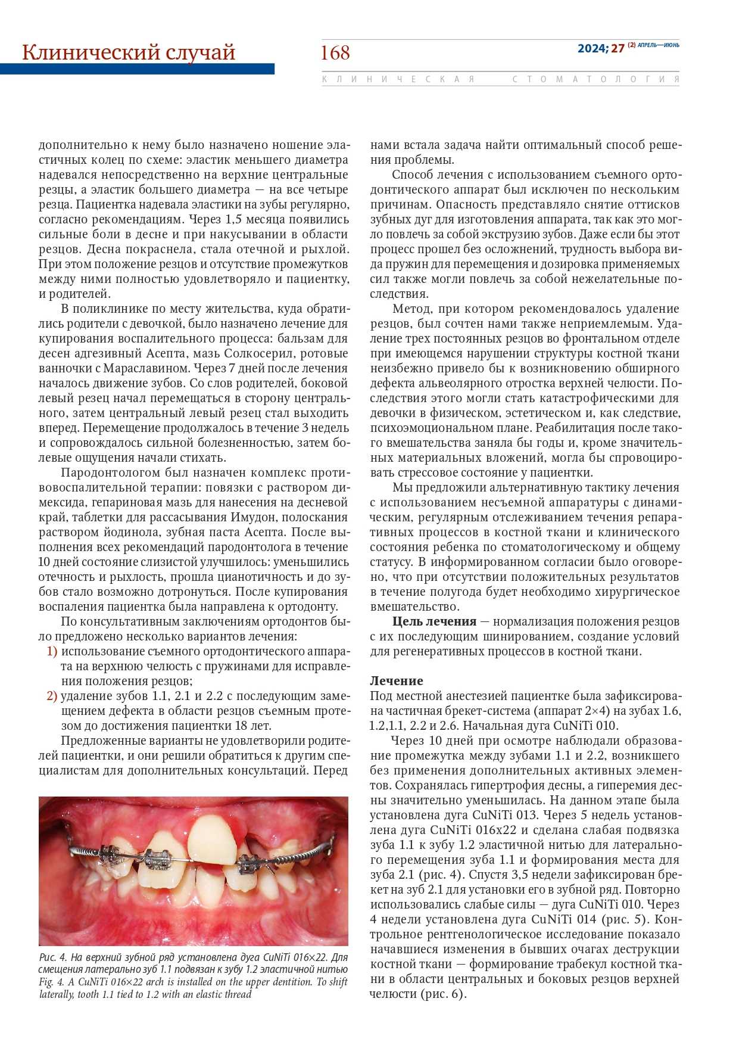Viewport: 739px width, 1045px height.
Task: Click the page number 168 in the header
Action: point(335,53)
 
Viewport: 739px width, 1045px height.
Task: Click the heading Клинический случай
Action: point(129,52)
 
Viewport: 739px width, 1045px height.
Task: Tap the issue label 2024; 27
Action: point(600,49)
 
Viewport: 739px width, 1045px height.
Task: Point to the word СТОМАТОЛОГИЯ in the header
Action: point(595,79)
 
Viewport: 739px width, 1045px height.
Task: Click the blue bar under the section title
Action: point(137,69)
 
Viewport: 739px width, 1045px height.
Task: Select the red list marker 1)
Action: point(52,651)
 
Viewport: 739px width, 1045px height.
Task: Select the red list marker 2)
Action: point(52,696)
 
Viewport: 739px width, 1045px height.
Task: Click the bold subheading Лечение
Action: point(397,681)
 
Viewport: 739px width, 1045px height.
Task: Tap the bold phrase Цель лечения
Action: point(434,621)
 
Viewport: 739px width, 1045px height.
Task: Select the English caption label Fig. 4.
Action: point(52,982)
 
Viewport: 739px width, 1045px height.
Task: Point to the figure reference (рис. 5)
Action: point(622,919)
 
